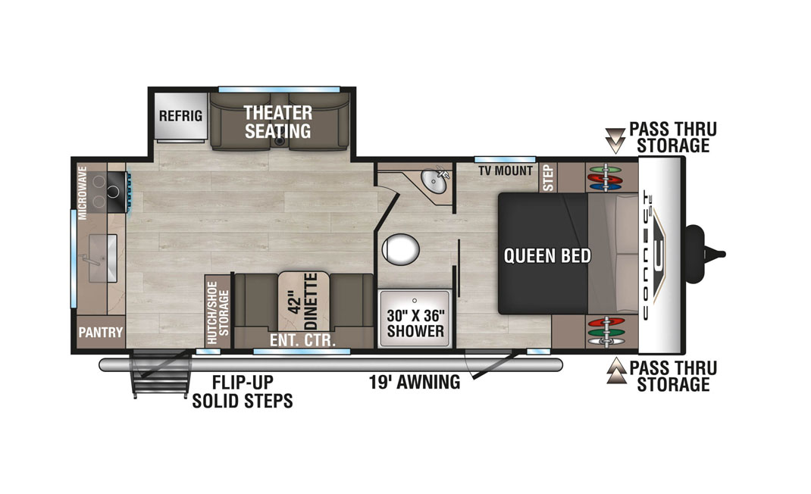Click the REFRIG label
180,115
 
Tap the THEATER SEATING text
277,121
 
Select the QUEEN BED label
547,255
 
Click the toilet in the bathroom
400,249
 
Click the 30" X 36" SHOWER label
415,324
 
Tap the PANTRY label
101,332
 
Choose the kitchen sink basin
103,258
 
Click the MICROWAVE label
82,193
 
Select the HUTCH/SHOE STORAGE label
218,313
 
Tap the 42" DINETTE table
304,301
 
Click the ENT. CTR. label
302,340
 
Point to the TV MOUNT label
506,170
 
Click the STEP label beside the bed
548,178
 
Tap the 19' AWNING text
415,383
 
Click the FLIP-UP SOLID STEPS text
243,392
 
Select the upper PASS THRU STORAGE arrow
615,139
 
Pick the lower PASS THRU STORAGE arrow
615,370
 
